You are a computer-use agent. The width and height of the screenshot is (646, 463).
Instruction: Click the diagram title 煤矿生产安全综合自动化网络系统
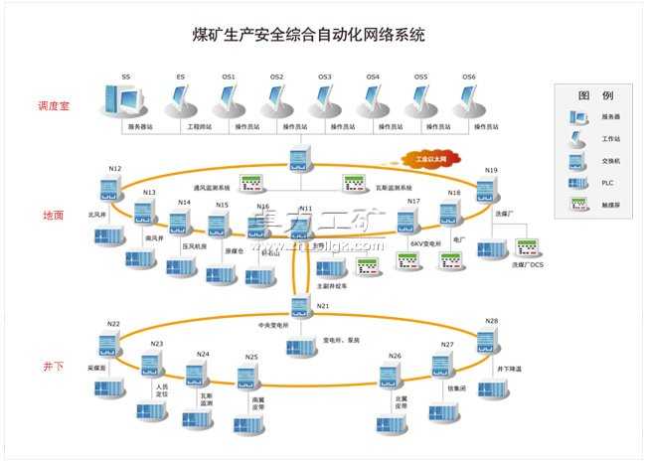[307, 37]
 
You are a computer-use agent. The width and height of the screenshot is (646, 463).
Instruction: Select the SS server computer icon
[123, 101]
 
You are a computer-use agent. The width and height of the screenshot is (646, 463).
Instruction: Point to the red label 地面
[53, 215]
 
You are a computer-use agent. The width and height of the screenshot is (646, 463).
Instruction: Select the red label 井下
[53, 367]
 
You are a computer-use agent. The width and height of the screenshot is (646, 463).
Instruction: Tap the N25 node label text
[251, 358]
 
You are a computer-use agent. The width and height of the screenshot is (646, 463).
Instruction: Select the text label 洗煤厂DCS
[531, 265]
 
